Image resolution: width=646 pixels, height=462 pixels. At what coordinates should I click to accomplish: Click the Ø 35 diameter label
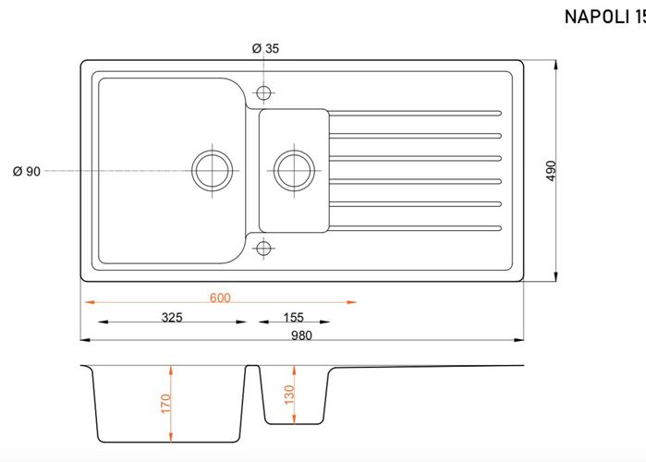(265, 49)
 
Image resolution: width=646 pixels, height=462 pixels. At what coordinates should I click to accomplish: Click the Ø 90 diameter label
(27, 171)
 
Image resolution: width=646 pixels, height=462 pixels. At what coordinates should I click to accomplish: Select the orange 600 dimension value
(220, 298)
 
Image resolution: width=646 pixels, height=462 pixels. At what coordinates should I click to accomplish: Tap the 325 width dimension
(172, 317)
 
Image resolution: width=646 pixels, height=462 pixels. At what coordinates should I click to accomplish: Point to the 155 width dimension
(293, 317)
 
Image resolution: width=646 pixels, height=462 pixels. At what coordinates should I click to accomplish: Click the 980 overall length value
(301, 335)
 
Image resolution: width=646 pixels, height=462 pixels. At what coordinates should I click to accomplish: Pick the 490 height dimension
(551, 170)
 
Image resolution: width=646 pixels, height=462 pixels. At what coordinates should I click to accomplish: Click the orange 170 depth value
(165, 404)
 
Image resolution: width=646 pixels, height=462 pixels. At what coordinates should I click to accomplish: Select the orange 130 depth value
(289, 395)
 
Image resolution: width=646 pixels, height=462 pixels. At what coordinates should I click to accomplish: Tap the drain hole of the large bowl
(213, 170)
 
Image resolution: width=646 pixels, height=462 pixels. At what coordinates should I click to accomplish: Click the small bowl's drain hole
(294, 170)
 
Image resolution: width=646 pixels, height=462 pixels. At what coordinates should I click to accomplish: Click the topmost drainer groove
(415, 114)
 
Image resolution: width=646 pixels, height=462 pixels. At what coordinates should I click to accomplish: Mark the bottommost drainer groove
(415, 228)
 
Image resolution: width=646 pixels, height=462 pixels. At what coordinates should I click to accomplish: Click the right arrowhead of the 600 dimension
(351, 302)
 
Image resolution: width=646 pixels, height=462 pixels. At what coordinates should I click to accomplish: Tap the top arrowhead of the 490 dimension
(555, 65)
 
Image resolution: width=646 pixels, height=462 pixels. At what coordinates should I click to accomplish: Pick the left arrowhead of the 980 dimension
(85, 340)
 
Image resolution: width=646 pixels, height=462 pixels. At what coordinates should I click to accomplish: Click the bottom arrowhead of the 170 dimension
(171, 437)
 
